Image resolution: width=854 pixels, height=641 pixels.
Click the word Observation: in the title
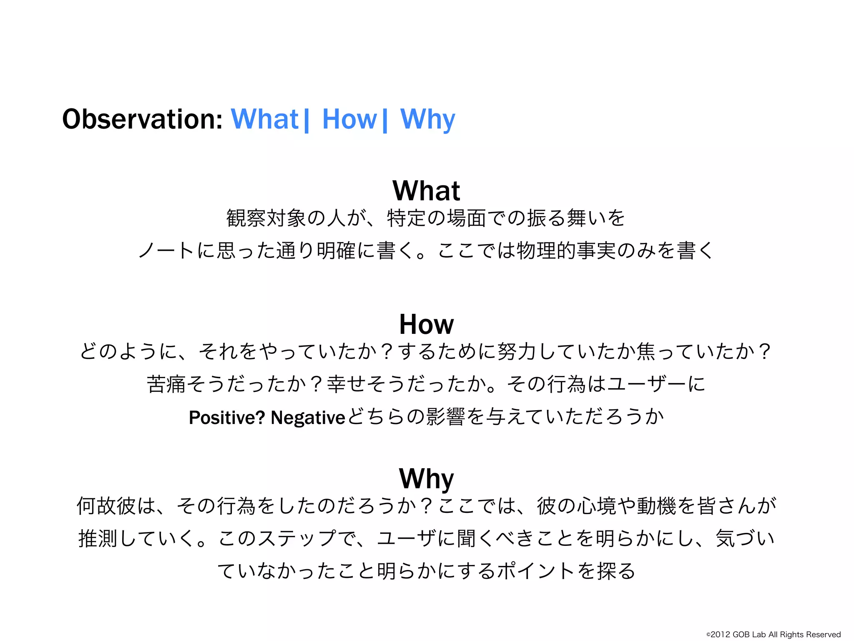coord(142,119)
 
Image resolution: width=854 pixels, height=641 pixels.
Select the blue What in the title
coord(264,119)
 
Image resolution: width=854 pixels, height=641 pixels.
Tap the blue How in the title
coord(349,119)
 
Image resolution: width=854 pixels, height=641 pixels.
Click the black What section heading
coord(426,191)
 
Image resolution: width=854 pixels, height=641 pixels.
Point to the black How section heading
coord(426,324)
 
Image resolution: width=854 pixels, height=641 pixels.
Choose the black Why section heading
coord(426,479)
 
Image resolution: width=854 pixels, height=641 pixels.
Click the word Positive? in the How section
coord(227,417)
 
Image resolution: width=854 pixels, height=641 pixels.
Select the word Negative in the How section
coord(308,417)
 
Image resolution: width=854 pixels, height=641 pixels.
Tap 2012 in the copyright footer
coord(720,634)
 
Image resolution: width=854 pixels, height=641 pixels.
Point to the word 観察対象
coord(266,218)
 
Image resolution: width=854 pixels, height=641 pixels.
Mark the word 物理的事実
coord(566,250)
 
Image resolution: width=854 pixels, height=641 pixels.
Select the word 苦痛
coord(166,384)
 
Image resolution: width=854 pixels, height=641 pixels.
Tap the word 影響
coord(445,417)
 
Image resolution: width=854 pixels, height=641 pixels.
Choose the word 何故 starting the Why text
coord(97,506)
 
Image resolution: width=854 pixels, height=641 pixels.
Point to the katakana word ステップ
coord(297,538)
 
